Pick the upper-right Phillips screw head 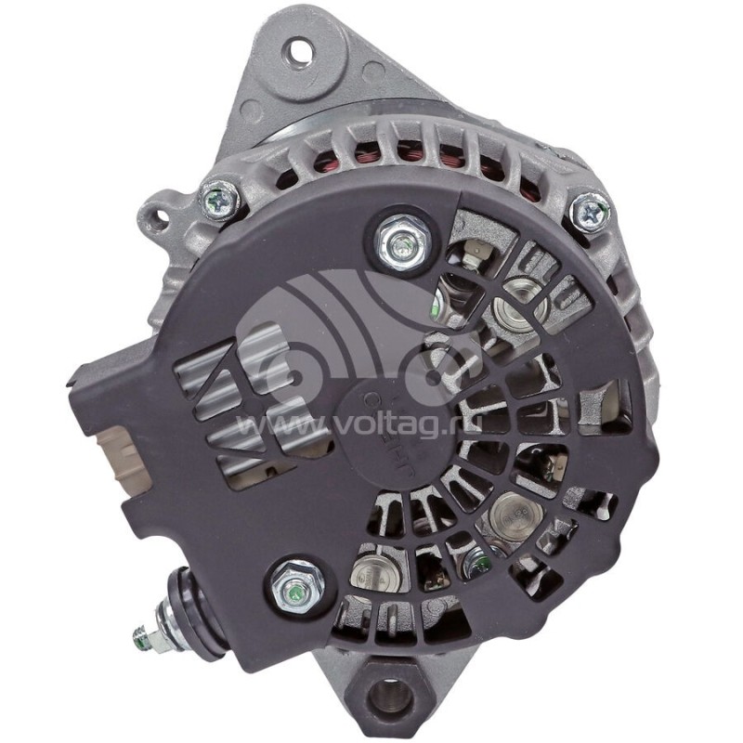(x=588, y=211)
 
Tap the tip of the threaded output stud (x=139, y=636)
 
